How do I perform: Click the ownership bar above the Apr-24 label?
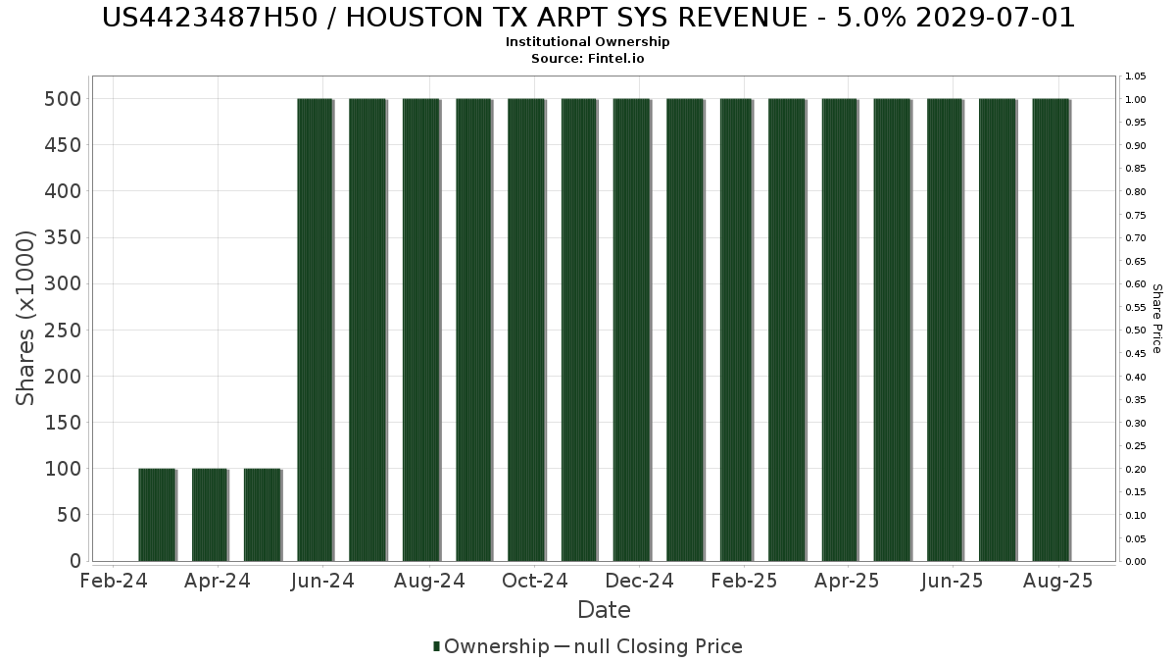[210, 515]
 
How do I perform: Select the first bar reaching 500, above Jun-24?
[315, 330]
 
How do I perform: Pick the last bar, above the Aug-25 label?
[1051, 330]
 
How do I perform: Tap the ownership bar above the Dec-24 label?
[631, 330]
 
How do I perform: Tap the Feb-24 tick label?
[113, 582]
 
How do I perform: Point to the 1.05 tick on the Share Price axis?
[1135, 76]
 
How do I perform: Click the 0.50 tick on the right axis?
[1135, 331]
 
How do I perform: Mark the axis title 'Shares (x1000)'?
[26, 318]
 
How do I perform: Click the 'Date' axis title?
[604, 610]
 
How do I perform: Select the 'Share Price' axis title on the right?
[1156, 319]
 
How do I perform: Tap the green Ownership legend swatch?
[436, 646]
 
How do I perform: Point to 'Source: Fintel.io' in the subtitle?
[588, 58]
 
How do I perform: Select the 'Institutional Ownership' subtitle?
[588, 42]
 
